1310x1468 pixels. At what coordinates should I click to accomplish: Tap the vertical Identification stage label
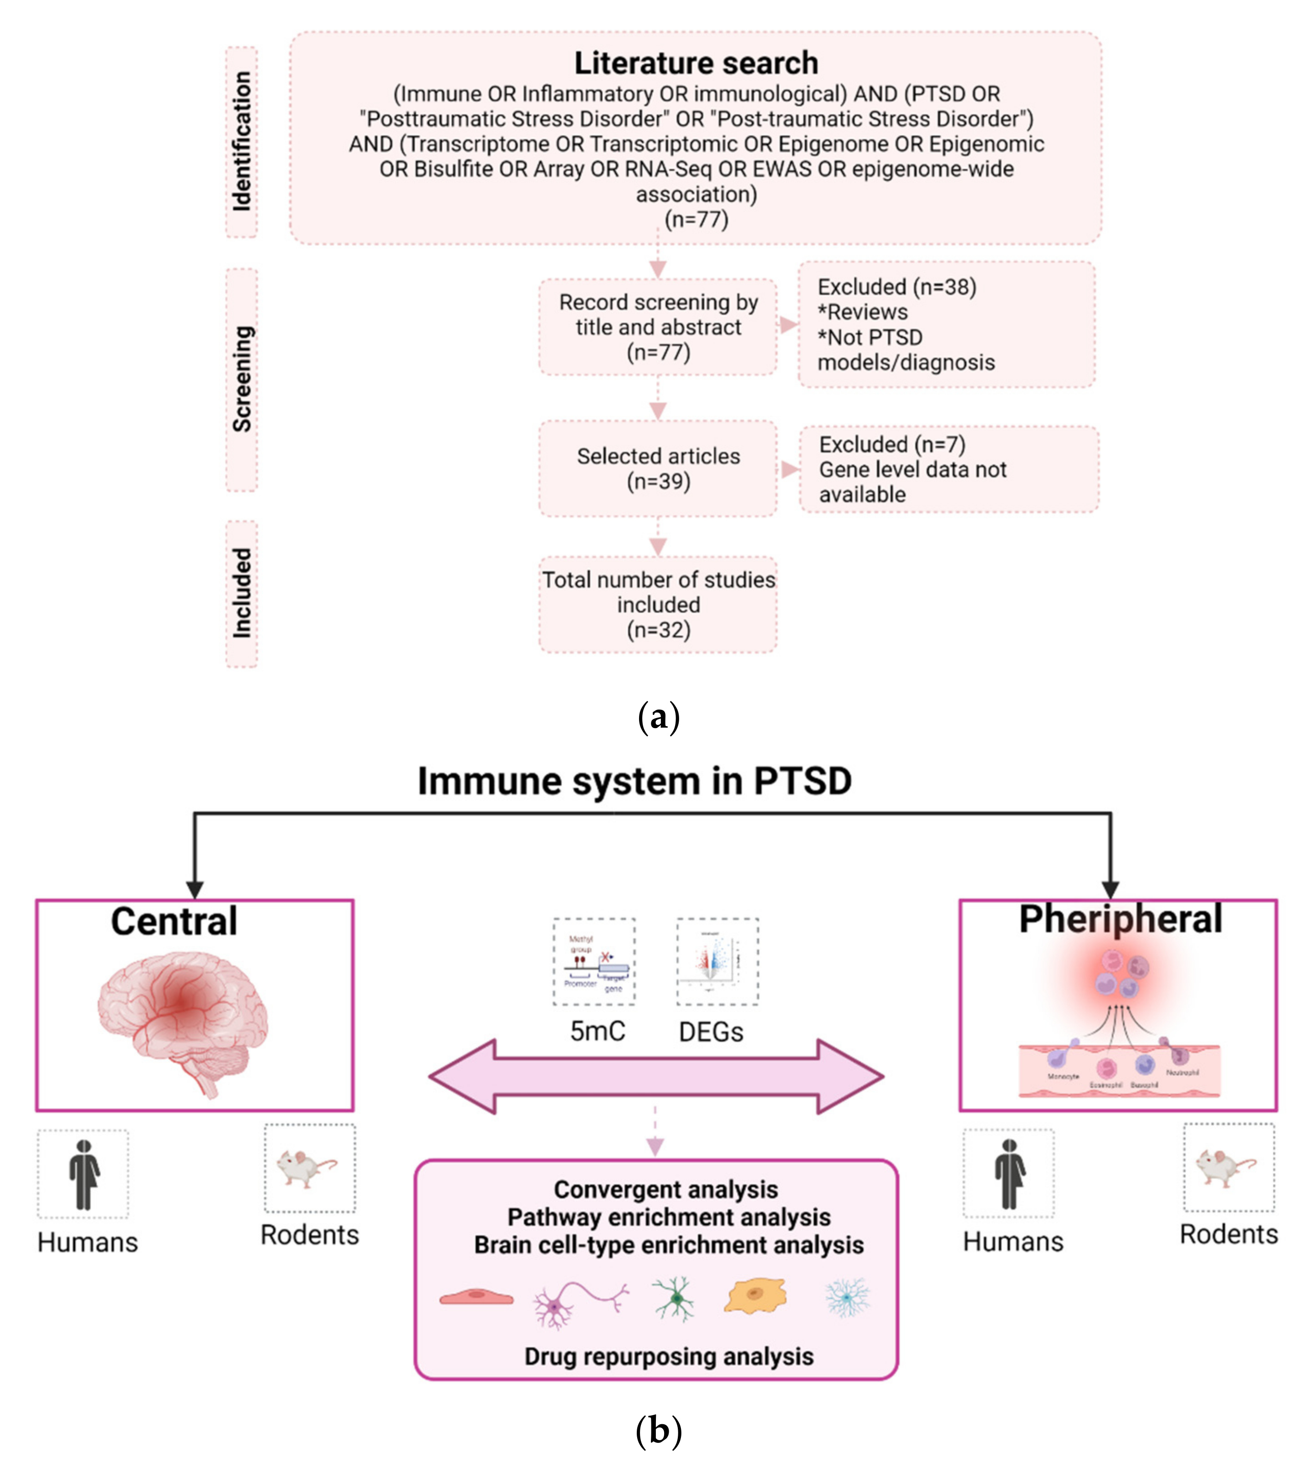242,141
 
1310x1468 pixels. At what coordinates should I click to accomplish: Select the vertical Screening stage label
242,380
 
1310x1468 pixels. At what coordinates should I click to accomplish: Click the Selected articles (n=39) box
658,469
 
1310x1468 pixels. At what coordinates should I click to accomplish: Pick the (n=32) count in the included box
658,630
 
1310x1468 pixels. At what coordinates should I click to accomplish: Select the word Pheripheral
1120,919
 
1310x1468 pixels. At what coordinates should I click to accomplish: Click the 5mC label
598,1031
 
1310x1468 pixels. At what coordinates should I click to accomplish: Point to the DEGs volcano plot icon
717,961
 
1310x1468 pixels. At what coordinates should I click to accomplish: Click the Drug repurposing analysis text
669,1356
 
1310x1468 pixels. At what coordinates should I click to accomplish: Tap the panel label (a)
658,717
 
